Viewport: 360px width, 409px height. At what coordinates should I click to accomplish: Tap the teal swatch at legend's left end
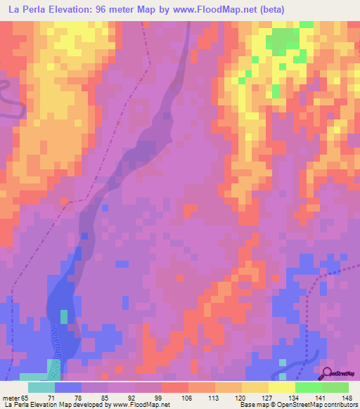click(41, 387)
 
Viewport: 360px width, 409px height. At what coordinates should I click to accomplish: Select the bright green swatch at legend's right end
click(335, 387)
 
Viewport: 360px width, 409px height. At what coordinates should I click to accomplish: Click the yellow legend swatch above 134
click(281, 387)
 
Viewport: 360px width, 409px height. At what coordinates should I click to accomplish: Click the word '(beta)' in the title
click(288, 9)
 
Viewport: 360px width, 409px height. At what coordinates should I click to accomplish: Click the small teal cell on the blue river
click(64, 316)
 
